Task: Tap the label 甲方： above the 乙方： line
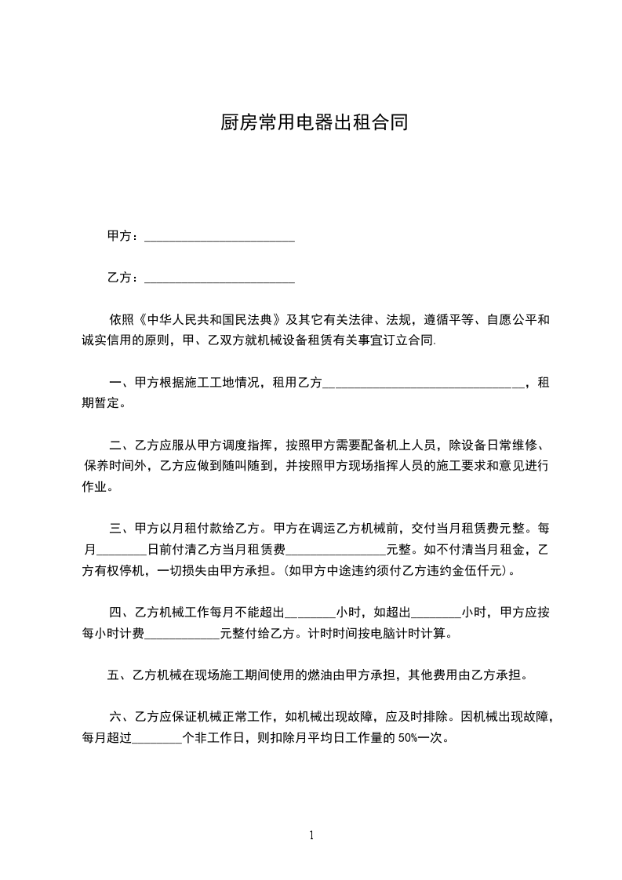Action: [x=124, y=236]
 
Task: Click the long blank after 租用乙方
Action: [x=424, y=383]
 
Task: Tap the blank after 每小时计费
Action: [x=184, y=632]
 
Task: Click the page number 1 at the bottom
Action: [x=311, y=836]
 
